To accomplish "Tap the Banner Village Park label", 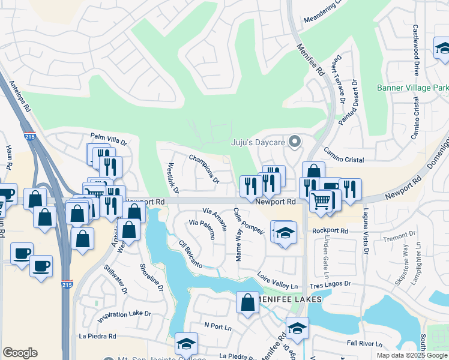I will pyautogui.click(x=412, y=88).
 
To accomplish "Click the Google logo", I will pyautogui.click(x=20, y=353).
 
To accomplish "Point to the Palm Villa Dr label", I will pyautogui.click(x=109, y=139).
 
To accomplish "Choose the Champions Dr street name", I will pyautogui.click(x=203, y=168).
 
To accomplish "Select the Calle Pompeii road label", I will pyautogui.click(x=248, y=221).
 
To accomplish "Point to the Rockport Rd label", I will pyautogui.click(x=330, y=230).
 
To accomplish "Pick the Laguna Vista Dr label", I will pyautogui.click(x=364, y=231).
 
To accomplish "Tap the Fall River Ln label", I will pyautogui.click(x=364, y=344).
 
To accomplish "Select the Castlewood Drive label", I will pyautogui.click(x=416, y=50).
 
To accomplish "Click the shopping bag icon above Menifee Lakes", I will pyautogui.click(x=247, y=302).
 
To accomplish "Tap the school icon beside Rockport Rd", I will pyautogui.click(x=286, y=232).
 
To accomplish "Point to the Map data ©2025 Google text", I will pyautogui.click(x=411, y=355).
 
